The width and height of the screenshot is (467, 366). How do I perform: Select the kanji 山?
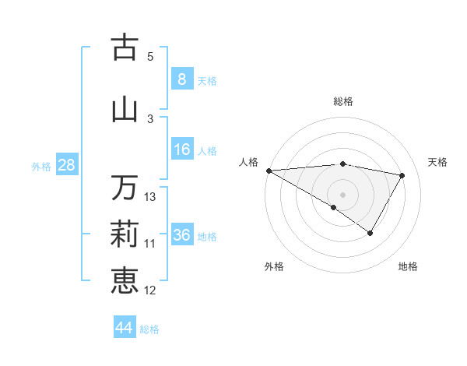(125, 109)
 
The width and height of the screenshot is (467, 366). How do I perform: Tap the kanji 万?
(125, 188)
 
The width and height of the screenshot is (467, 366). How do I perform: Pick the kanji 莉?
(125, 233)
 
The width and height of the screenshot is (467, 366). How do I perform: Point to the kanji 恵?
(125, 279)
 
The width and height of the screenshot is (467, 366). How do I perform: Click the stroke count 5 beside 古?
(150, 56)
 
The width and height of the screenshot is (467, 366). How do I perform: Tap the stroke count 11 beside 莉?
(150, 244)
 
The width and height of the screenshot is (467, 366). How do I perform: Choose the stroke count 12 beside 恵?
(150, 290)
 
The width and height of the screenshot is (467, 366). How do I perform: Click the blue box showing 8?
(181, 79)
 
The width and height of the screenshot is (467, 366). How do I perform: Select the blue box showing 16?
(181, 150)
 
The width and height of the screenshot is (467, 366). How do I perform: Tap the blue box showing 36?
(181, 235)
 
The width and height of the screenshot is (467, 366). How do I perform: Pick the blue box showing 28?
(66, 165)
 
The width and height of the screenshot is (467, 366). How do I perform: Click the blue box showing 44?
(124, 328)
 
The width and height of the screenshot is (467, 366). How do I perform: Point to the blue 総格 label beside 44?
(150, 329)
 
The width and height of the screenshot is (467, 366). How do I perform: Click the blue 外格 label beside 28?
(41, 167)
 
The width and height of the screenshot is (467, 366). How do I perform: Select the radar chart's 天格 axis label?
(438, 162)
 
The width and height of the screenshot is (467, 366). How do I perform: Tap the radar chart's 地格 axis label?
(408, 266)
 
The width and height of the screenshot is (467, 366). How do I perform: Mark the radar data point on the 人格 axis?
(269, 171)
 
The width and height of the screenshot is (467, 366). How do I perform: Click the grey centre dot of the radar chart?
(342, 193)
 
